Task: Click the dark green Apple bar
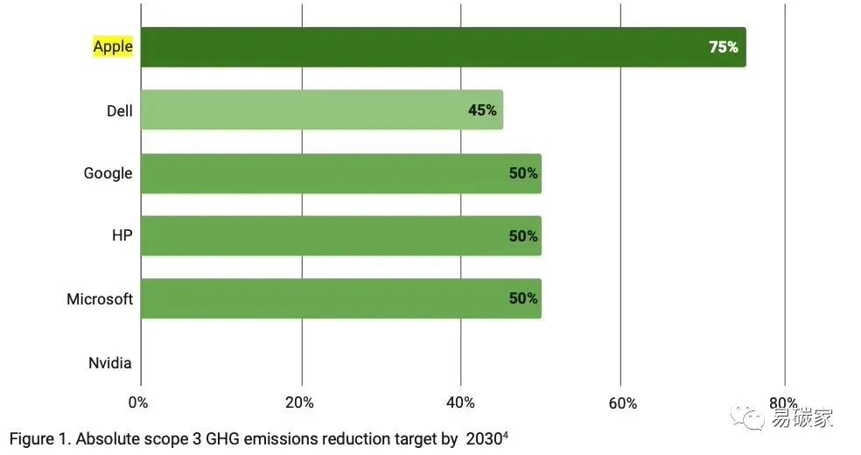coord(420,47)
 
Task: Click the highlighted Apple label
coord(113,47)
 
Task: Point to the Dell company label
coord(119,111)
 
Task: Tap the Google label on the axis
coord(108,173)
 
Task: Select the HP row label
coord(121,236)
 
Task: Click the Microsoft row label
coord(100,299)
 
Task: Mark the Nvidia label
coord(110,363)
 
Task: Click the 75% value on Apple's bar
coord(724,47)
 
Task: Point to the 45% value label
coord(482,110)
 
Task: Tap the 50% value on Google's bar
coord(523,173)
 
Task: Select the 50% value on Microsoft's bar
coord(523,298)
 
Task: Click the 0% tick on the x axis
coord(138,402)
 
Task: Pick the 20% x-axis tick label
coord(299,402)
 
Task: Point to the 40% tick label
coord(460,402)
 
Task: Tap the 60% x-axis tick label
coord(622,403)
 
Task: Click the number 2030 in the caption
coord(484,438)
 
